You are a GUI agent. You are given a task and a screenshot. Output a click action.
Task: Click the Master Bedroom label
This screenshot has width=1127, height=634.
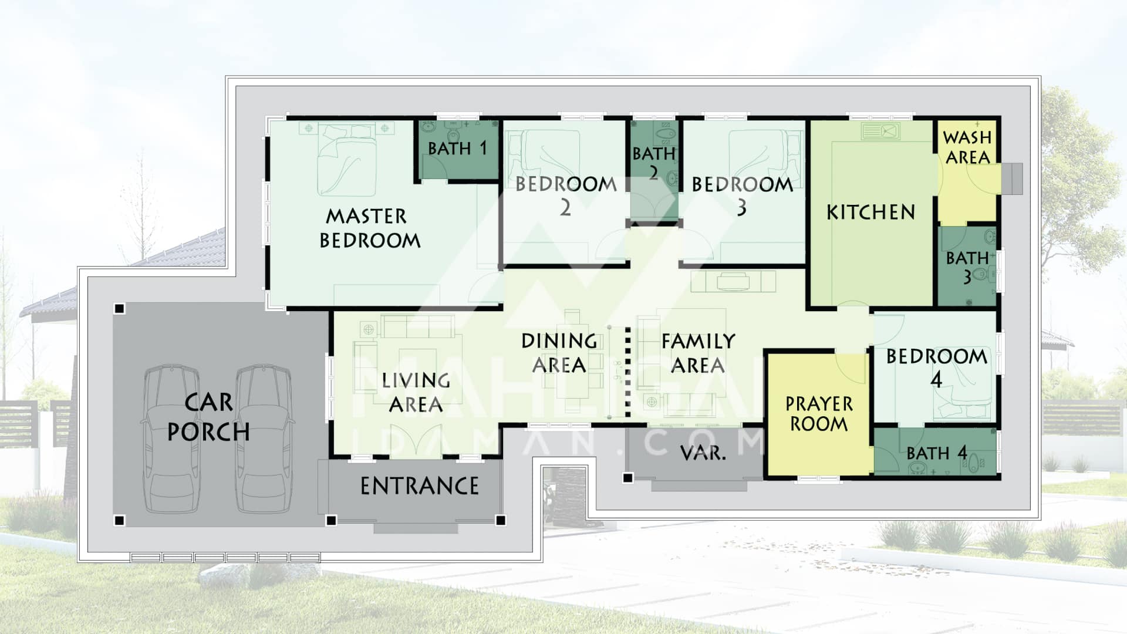tap(370, 228)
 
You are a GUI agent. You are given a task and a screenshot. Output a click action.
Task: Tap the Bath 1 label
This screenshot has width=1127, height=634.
tap(457, 148)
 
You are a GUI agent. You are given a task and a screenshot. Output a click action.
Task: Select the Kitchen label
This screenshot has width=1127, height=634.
tap(870, 212)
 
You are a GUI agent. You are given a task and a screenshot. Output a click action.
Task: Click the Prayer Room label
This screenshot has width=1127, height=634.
tap(819, 414)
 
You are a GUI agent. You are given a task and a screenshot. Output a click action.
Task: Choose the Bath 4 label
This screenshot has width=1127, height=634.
tap(936, 453)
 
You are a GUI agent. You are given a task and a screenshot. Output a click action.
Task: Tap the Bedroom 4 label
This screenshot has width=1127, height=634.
tap(936, 367)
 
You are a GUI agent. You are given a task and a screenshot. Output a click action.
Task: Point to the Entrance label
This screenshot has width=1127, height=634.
tap(419, 486)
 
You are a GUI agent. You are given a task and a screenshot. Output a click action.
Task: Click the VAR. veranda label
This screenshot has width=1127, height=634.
tap(703, 453)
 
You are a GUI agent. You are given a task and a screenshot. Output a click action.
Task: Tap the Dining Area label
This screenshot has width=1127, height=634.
tap(559, 353)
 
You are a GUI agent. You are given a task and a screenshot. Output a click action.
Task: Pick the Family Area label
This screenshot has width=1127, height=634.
tap(698, 353)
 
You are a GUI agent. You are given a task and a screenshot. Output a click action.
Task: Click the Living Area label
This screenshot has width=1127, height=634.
tap(416, 392)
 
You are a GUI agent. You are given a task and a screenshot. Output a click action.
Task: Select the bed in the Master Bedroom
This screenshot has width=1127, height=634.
tap(346, 158)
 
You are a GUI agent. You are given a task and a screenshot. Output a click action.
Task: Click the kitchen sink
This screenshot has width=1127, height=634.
tap(880, 131)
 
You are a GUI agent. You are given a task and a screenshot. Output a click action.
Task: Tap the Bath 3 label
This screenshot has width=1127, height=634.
tap(967, 267)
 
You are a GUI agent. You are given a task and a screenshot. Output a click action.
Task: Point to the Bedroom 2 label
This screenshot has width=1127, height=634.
tap(566, 195)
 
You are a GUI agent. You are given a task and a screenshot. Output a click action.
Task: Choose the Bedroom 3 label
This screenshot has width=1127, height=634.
tap(742, 195)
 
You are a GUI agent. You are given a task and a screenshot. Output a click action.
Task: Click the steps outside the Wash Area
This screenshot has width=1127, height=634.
tap(1012, 178)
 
